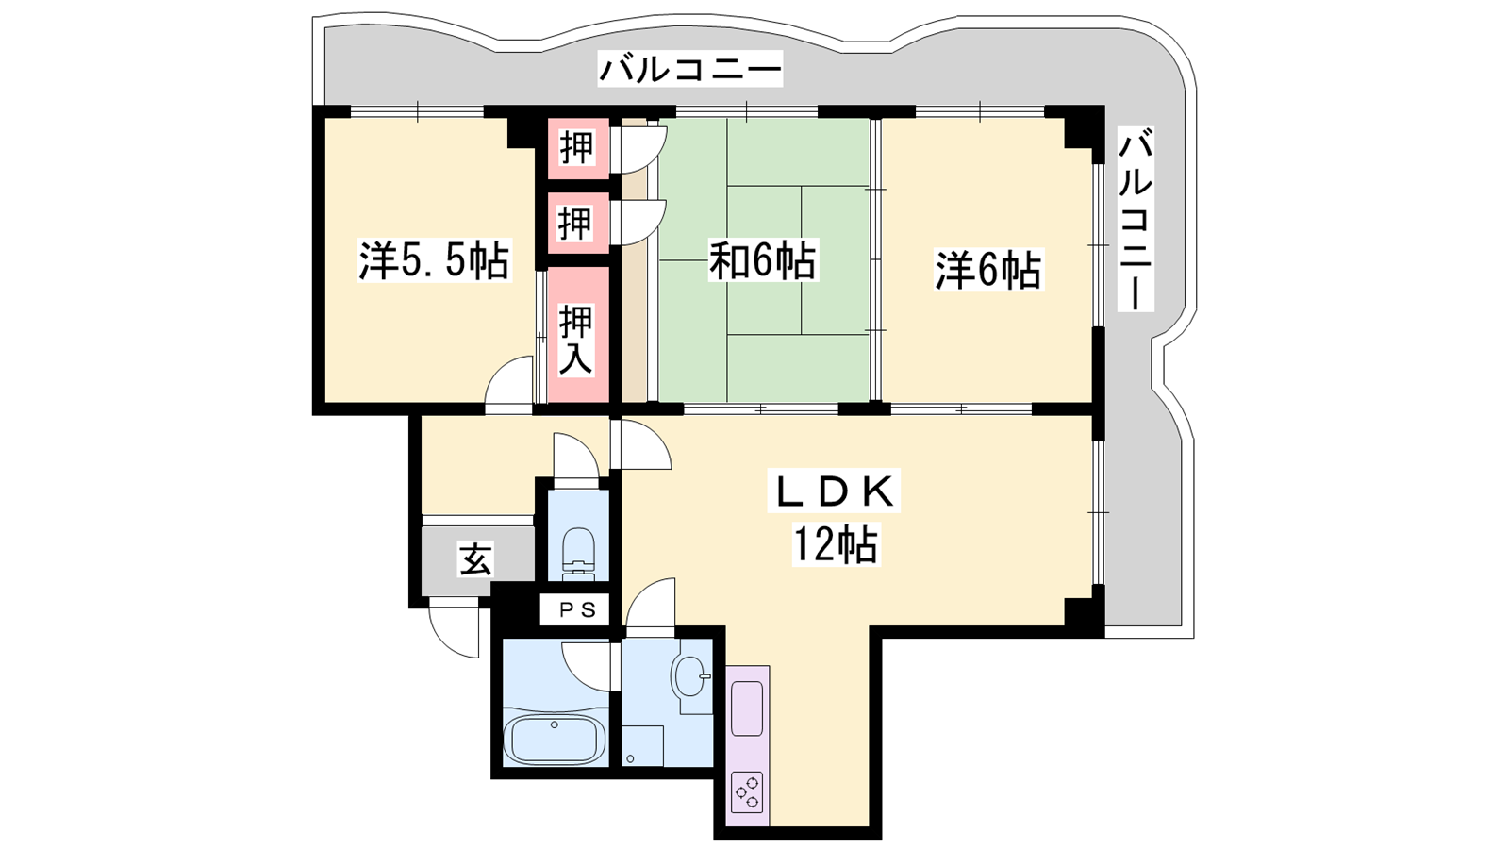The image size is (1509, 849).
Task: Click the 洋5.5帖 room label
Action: point(433,259)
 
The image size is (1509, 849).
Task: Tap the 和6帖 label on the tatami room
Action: point(762,259)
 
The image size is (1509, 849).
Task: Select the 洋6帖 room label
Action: point(987,270)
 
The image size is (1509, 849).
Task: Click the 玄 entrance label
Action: point(475,558)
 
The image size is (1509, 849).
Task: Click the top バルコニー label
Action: point(690,69)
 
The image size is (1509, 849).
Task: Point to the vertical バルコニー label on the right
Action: point(1136,219)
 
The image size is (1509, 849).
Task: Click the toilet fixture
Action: point(577,551)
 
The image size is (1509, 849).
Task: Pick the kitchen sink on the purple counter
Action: point(747,708)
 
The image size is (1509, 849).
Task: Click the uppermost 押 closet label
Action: point(577,148)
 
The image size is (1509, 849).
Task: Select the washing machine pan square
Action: point(642,746)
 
